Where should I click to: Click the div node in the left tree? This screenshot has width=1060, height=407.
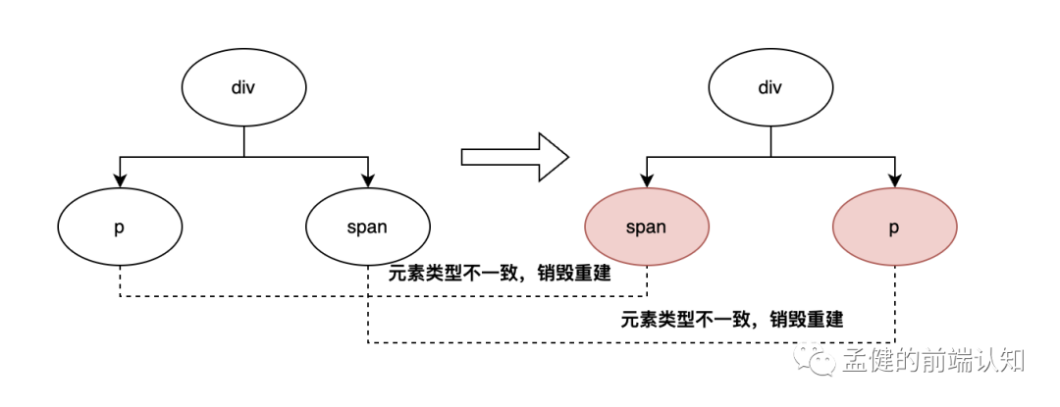point(243,88)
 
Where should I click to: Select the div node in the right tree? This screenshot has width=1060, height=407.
point(770,88)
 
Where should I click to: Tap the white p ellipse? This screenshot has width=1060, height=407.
point(120,228)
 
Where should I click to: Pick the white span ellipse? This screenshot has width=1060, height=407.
point(368,228)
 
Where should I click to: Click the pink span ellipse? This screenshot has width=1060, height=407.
point(647,228)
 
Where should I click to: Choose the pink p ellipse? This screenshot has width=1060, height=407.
point(894,228)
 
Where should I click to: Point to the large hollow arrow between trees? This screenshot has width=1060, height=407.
point(514,157)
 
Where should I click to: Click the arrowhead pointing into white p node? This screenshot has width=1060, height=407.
point(120,180)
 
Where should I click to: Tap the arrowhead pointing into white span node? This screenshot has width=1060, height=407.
point(368,180)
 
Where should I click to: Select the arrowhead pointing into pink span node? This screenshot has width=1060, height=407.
point(647,180)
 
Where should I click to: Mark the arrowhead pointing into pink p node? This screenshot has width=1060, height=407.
point(894,180)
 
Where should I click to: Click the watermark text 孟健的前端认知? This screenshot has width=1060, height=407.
point(933,361)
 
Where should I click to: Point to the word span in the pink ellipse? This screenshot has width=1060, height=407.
point(647,228)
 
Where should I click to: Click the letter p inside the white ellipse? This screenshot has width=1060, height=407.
point(120,229)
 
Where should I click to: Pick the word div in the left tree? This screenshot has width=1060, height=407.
point(243,88)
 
